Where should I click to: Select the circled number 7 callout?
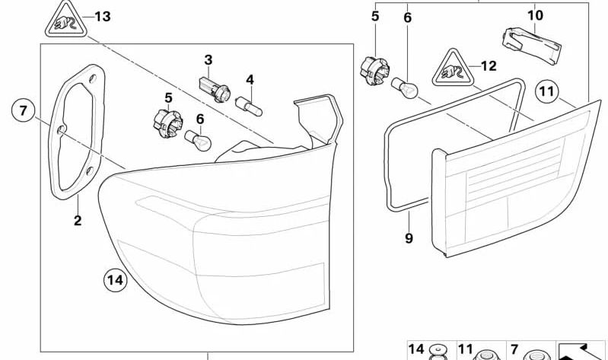coord(23,111)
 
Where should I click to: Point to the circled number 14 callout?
coord(114,280)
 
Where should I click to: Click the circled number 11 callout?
coord(546,93)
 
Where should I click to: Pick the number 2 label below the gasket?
coord(78,221)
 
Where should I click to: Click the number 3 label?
coord(208,59)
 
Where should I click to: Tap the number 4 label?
coord(249,78)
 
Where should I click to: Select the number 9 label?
coord(409,237)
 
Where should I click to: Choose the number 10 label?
coord(535,14)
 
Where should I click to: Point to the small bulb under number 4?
coord(250,104)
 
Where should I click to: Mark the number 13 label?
coord(102,16)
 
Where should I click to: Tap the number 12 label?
coord(488,66)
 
